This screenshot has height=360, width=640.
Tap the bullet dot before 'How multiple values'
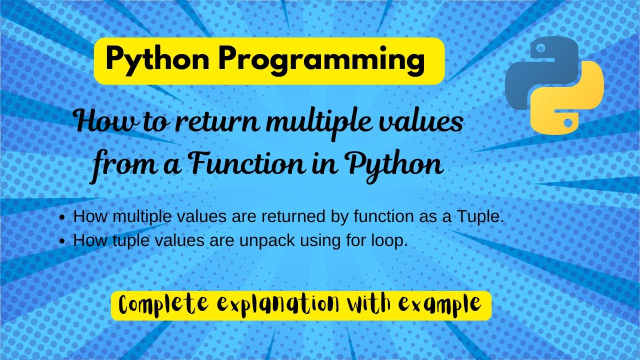pos(62,218)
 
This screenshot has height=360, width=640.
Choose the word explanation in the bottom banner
pos(279,303)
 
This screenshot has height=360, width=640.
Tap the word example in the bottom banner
pos(443,303)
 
